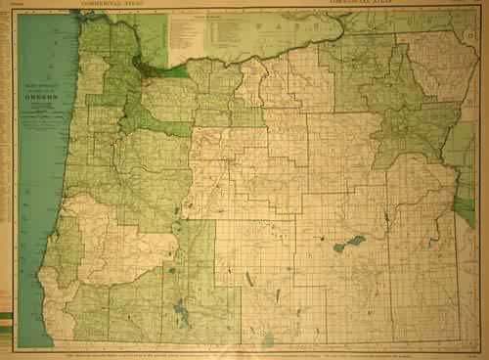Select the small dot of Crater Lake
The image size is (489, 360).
(171, 270)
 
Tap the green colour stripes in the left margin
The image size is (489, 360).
(9, 322)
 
